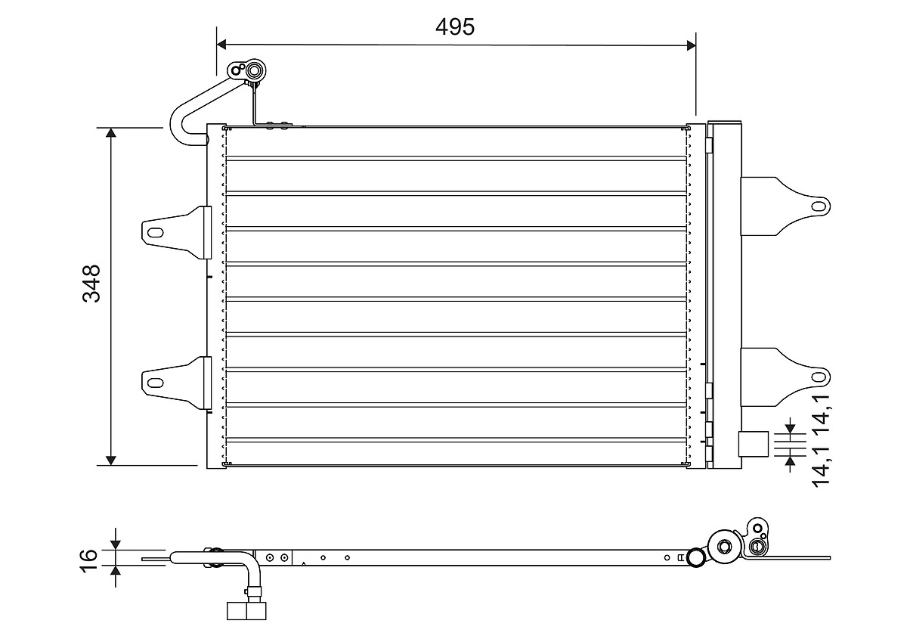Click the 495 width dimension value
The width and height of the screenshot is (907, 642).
(455, 26)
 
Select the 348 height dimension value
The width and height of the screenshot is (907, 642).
(92, 284)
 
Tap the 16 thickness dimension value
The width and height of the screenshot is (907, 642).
(89, 557)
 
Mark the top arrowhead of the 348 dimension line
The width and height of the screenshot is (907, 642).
(111, 133)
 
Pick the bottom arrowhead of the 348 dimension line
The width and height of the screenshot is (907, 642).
(111, 459)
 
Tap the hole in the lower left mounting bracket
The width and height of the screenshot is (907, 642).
(154, 381)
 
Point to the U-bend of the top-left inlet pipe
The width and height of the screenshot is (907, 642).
(178, 125)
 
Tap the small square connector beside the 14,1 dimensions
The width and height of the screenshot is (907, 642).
(754, 444)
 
